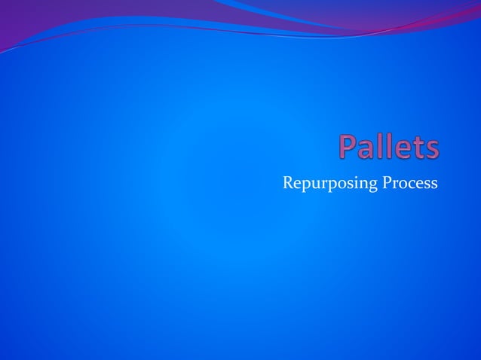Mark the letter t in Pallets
(x=418, y=149)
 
